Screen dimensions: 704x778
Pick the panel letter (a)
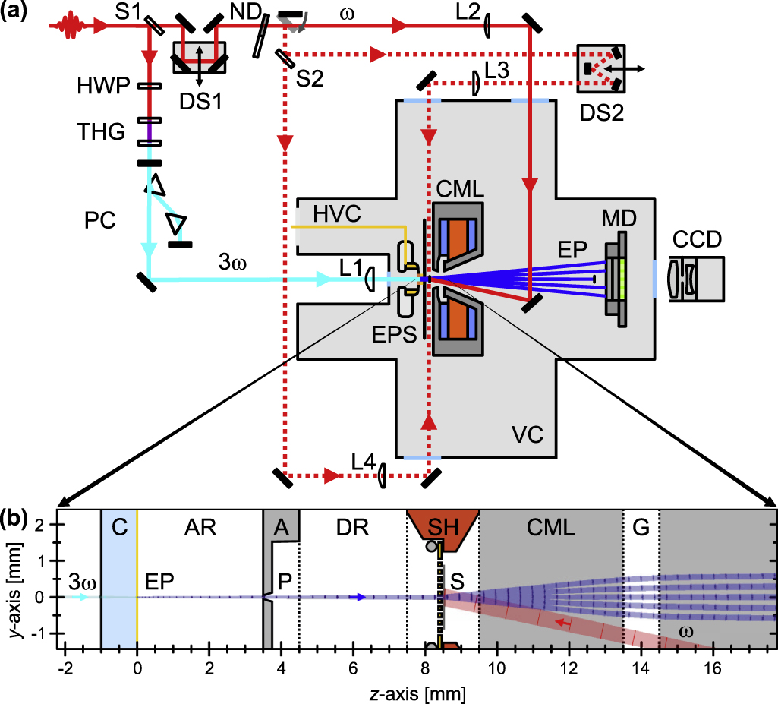click(16, 12)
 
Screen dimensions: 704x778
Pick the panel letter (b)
click(16, 518)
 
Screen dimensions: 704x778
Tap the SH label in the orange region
click(443, 526)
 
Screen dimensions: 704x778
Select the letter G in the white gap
click(640, 526)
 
